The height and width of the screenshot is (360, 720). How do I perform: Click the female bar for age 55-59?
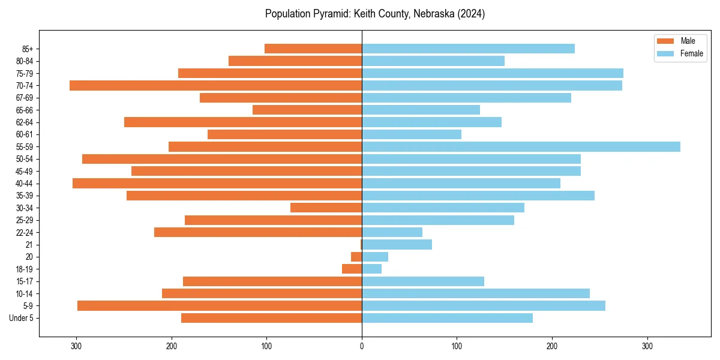click(x=521, y=146)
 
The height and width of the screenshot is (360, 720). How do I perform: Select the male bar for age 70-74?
click(x=216, y=85)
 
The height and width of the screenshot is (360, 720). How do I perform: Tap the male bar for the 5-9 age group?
click(x=220, y=305)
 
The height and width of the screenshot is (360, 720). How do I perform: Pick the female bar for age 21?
click(x=397, y=244)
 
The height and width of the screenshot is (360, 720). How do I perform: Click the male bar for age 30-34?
click(x=326, y=208)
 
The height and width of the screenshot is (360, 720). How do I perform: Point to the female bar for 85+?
click(x=468, y=49)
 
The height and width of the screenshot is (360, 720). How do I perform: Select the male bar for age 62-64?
click(x=243, y=122)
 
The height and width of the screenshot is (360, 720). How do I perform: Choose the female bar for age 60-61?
click(x=412, y=134)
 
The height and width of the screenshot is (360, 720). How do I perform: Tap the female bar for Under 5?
click(x=447, y=318)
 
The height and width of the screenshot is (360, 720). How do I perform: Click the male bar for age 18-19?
click(x=352, y=269)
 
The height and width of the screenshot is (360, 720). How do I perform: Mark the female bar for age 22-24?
click(x=392, y=232)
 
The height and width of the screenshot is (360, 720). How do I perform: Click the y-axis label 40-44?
click(x=25, y=184)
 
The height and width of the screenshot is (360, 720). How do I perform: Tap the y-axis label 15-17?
click(x=25, y=281)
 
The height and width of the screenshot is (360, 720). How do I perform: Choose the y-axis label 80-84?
click(x=25, y=61)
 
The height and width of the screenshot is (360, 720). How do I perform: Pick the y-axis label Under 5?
click(x=22, y=318)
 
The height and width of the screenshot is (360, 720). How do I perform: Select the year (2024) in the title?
click(x=470, y=14)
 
